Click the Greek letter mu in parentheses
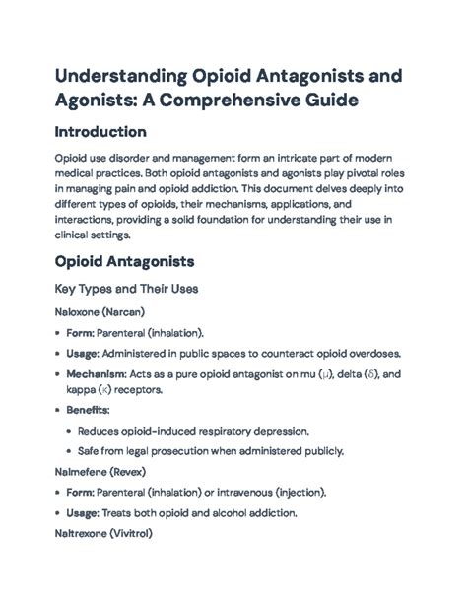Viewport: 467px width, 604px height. [323, 375]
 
